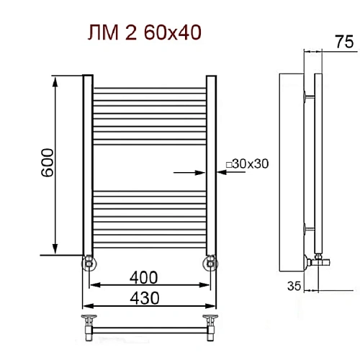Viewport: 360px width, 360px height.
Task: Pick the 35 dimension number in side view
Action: pos(292,286)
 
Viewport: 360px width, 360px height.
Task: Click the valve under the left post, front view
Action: pos(87,261)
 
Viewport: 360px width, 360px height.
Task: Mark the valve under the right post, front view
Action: pos(210,261)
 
